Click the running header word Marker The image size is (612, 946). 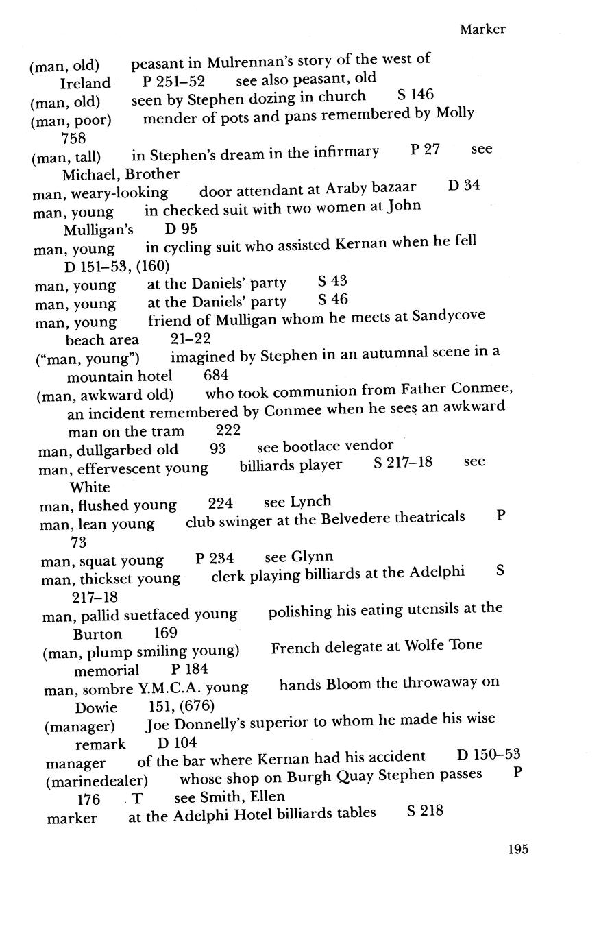pos(482,29)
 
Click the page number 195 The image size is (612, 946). pos(518,849)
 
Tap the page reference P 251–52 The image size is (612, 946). pos(173,82)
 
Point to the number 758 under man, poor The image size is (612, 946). pos(73,138)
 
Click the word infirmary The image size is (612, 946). pos(345,152)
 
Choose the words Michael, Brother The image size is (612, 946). pos(121,174)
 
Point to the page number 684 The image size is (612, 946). pos(216,376)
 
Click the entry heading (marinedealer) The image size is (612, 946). pos(97,781)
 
